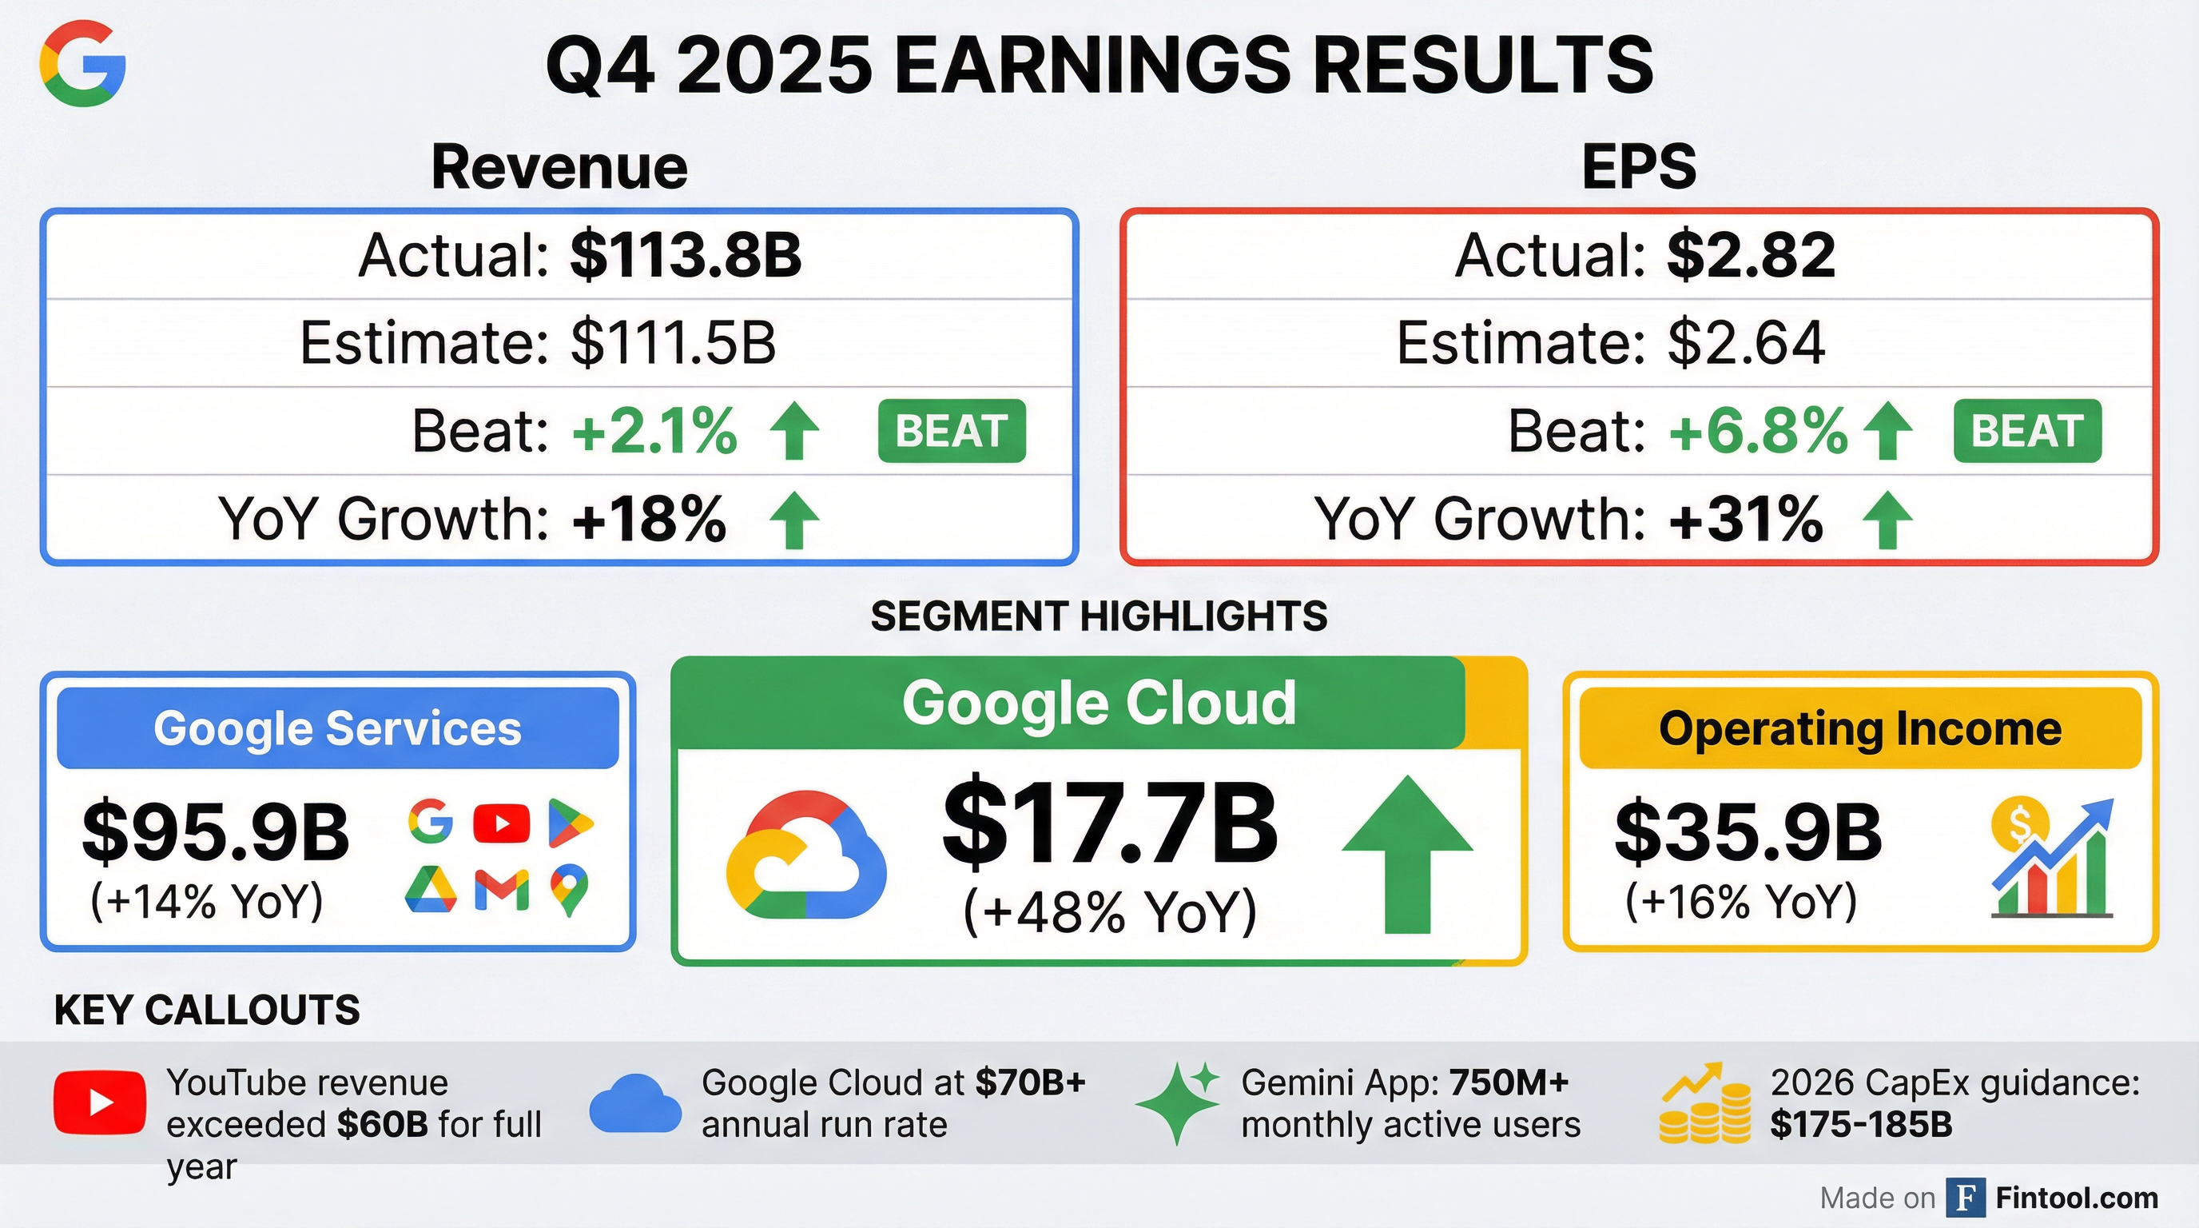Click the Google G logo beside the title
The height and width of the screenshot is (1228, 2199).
coord(83,64)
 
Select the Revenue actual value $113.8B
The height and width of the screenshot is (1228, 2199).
coord(686,254)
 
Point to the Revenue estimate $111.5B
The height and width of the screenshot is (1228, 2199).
coord(674,342)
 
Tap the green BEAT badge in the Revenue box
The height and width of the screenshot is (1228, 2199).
coord(952,430)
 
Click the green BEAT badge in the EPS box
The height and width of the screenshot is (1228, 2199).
coord(2027,430)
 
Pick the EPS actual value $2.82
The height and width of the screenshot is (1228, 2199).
coord(1751,254)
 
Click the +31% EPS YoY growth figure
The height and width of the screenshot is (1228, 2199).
coord(1747,518)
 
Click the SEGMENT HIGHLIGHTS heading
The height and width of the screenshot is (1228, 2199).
coord(1099,616)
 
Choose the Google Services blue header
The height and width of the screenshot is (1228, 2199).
coord(338,728)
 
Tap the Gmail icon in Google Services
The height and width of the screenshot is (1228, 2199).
coord(502,891)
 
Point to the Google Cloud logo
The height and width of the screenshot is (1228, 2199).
coord(805,855)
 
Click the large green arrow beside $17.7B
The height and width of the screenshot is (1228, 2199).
coord(1408,854)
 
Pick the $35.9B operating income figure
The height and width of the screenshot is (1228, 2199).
coord(1748,831)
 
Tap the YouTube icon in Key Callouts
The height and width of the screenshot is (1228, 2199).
coord(100,1102)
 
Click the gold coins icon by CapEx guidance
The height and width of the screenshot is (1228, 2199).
coord(1704,1103)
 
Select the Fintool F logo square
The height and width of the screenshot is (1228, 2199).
coord(1966,1198)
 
